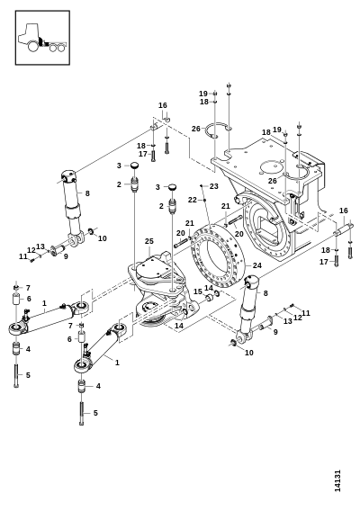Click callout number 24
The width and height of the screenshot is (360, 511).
[257, 265]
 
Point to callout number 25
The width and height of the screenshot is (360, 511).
[149, 241]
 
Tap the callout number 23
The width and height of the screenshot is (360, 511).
[214, 186]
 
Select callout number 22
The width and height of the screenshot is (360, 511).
[193, 200]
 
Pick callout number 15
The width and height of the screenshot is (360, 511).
[198, 291]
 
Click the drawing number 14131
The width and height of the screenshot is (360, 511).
[337, 480]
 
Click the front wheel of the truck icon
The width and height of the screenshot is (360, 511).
[33, 46]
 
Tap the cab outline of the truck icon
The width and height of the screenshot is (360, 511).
[30, 32]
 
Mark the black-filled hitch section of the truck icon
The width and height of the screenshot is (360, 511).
[41, 41]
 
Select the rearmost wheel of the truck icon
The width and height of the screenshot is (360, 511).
[60, 49]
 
